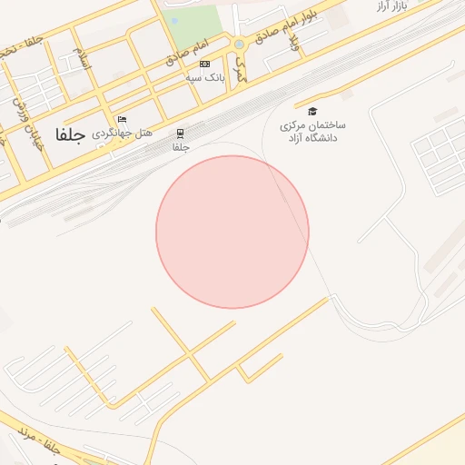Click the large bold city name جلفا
coord(70,135)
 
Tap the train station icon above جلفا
coord(181,134)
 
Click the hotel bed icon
coord(122,119)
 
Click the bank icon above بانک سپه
coord(205,64)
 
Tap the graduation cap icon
coord(312,111)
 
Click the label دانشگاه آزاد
coord(312,138)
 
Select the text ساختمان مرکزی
coord(312,124)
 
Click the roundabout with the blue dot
coord(239,44)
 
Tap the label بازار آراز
coord(391,6)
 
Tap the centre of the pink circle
coord(232,232)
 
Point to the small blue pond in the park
coord(174,20)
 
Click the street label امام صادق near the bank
coord(189,52)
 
